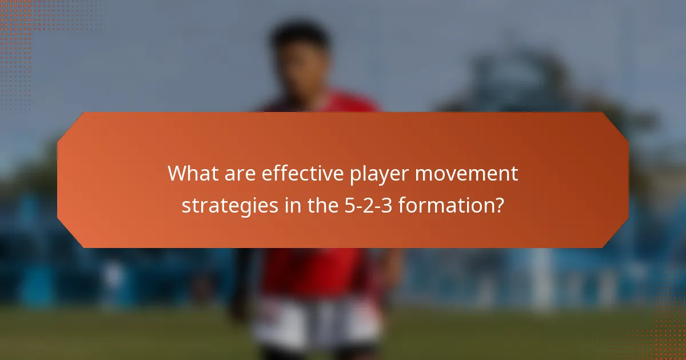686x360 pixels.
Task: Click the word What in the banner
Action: [191, 174]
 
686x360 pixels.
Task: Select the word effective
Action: [299, 174]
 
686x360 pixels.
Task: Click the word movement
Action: [466, 174]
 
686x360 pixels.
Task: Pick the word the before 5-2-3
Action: [312, 205]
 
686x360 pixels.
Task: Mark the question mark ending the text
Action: [499, 205]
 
